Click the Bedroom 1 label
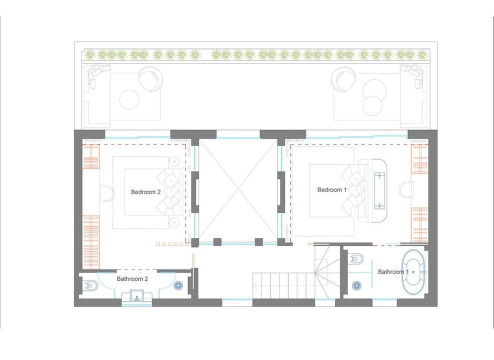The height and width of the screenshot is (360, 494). pos(331,190)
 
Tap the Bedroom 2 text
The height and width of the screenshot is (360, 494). pos(146,192)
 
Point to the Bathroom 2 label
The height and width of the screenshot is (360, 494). pos(132,278)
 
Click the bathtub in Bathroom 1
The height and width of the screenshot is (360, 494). pos(413,272)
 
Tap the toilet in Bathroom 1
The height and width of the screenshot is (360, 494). pos(356,258)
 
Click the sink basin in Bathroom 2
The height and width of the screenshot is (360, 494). pos(136,296)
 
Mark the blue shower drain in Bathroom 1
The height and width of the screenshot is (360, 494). pos(356,285)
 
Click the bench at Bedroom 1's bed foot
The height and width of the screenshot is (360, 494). pos(379,190)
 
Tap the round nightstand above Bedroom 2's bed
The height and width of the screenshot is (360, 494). pos(173,161)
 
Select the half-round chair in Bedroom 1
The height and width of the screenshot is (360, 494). pos(406,190)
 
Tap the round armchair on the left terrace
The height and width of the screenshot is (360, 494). pos(150,78)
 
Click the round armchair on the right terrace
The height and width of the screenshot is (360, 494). pos(344,78)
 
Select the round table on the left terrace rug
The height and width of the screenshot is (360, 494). pos(129,99)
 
